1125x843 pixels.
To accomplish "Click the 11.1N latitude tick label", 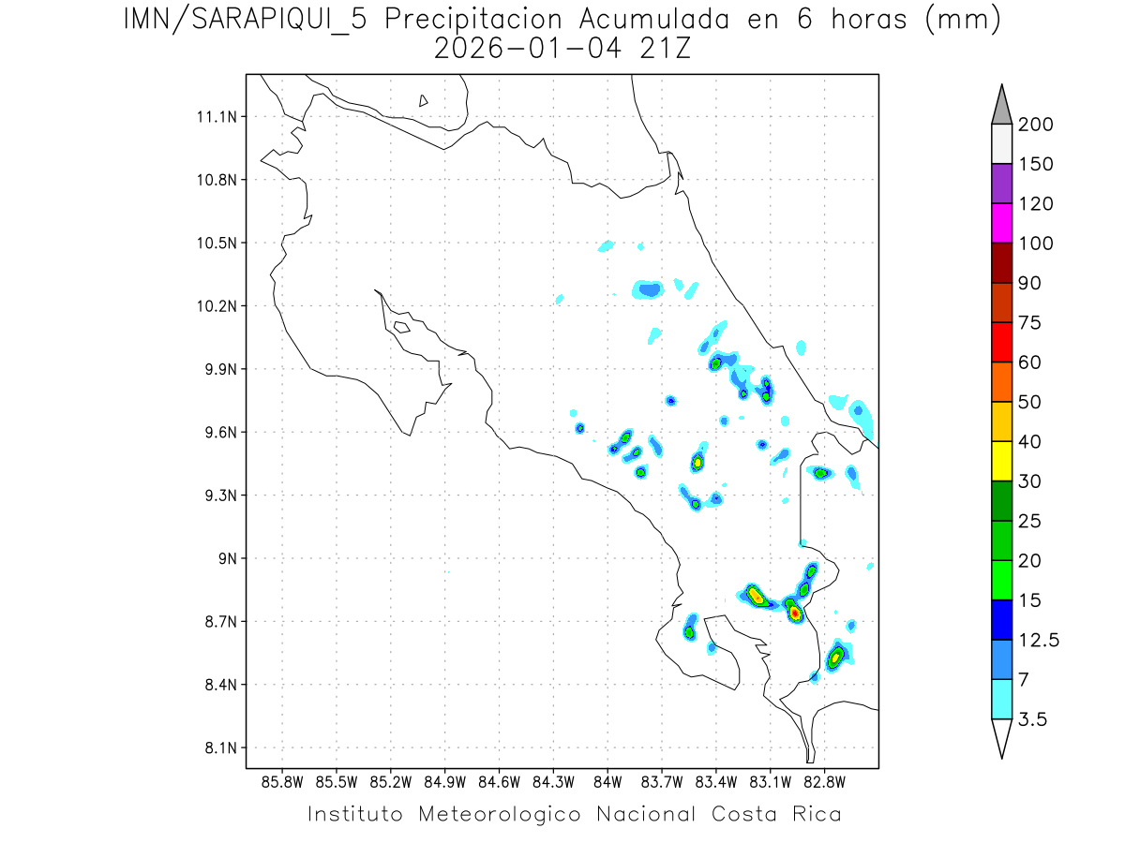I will pyautogui.click(x=214, y=117).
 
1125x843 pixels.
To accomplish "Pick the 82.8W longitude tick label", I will pyautogui.click(x=825, y=781).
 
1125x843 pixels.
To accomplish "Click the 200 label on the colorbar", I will pyautogui.click(x=1035, y=126).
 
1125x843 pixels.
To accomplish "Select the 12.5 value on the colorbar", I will pyautogui.click(x=1039, y=641).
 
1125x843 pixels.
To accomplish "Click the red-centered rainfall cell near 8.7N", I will pyautogui.click(x=795, y=613).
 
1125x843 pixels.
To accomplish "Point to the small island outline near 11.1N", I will pyautogui.click(x=424, y=100).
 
